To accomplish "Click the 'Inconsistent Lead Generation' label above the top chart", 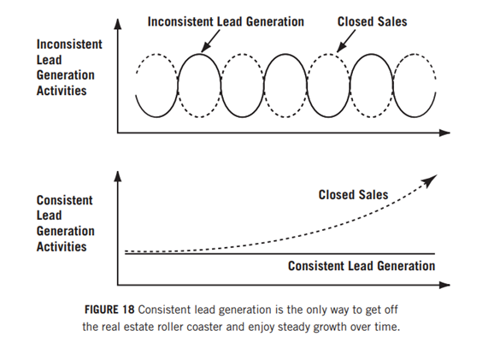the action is coord(226,21).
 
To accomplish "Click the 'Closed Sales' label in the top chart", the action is coord(372,21).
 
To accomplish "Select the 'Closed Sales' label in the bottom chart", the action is coord(353,195).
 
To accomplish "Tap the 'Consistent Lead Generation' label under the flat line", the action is coord(362,266).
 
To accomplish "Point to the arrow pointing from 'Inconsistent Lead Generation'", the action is coord(210,41).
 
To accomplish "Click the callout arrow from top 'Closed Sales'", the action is coord(346,41).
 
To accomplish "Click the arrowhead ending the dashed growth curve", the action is coord(430,180).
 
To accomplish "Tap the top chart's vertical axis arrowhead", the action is coord(118,24).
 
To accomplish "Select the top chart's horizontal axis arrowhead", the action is coord(444,133).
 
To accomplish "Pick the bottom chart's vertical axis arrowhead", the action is coord(118,176).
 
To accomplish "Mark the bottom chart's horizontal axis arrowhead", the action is coord(444,285).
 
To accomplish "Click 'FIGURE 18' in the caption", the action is coord(109,310).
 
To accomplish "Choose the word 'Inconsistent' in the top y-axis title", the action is coord(69,44).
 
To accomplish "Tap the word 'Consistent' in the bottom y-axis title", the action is coord(64,200).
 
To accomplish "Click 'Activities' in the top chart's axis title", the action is coord(62,91).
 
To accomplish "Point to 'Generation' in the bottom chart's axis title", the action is coord(65,231).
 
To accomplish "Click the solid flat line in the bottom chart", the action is coord(280,254).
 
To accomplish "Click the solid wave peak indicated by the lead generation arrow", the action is coord(199,54).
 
